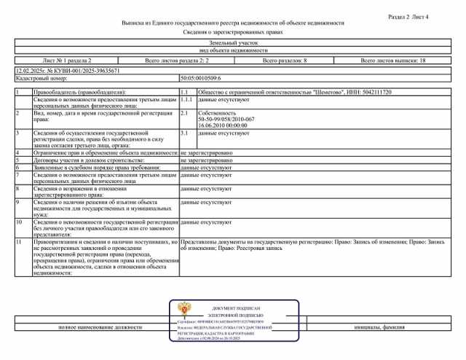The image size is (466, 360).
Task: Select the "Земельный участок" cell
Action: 232,44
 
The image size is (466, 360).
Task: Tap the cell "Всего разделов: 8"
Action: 285,62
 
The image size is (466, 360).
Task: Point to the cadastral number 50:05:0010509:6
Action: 200,77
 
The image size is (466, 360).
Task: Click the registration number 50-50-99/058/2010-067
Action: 226,119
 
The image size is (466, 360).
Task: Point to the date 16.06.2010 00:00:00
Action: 223,125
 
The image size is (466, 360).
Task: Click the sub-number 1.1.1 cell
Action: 186,100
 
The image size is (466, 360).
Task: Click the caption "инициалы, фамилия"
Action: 379,329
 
